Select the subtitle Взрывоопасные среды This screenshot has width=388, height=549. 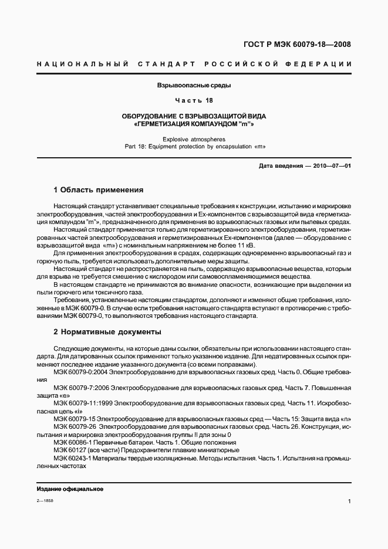[x=194, y=86]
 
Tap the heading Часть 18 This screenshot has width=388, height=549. [x=194, y=100]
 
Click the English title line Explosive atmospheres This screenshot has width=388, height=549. [x=194, y=139]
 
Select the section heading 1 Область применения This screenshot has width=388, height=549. [x=98, y=190]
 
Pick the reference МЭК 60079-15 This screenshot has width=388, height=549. [x=75, y=419]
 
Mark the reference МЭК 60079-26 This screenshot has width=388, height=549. [x=75, y=426]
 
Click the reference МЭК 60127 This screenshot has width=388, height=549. [x=68, y=449]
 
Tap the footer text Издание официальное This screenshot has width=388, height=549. [x=70, y=489]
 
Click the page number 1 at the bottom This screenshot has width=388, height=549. [x=349, y=501]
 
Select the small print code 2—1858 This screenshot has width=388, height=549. [x=45, y=501]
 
